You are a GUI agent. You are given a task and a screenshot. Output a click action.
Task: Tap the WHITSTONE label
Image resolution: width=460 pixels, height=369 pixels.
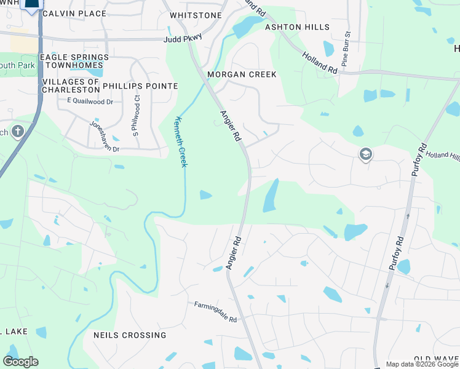coord(196,15)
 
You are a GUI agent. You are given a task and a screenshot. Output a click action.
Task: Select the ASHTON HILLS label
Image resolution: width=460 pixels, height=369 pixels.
coord(297,27)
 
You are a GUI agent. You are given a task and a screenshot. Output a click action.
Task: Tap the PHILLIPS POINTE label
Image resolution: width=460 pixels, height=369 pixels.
coord(140,86)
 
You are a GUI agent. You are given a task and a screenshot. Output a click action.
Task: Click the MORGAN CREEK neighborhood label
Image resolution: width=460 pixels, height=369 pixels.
coord(242,74)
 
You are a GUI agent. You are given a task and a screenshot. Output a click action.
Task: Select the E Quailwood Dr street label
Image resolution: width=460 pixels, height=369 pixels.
coord(90,101)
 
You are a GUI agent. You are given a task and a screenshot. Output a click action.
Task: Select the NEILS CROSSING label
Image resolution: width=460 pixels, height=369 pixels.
coord(129,335)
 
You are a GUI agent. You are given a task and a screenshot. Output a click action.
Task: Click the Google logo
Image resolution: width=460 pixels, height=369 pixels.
coord(20,362)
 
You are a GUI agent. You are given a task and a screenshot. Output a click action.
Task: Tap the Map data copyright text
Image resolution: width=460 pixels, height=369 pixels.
coord(421,364)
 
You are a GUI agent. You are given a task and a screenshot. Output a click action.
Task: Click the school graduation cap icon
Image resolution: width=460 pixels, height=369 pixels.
coord(365,154)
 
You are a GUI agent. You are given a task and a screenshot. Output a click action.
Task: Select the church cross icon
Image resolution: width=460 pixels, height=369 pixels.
coord(18,131)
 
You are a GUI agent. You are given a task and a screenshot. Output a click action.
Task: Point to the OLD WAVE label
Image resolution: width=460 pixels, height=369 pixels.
coord(436,359)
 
